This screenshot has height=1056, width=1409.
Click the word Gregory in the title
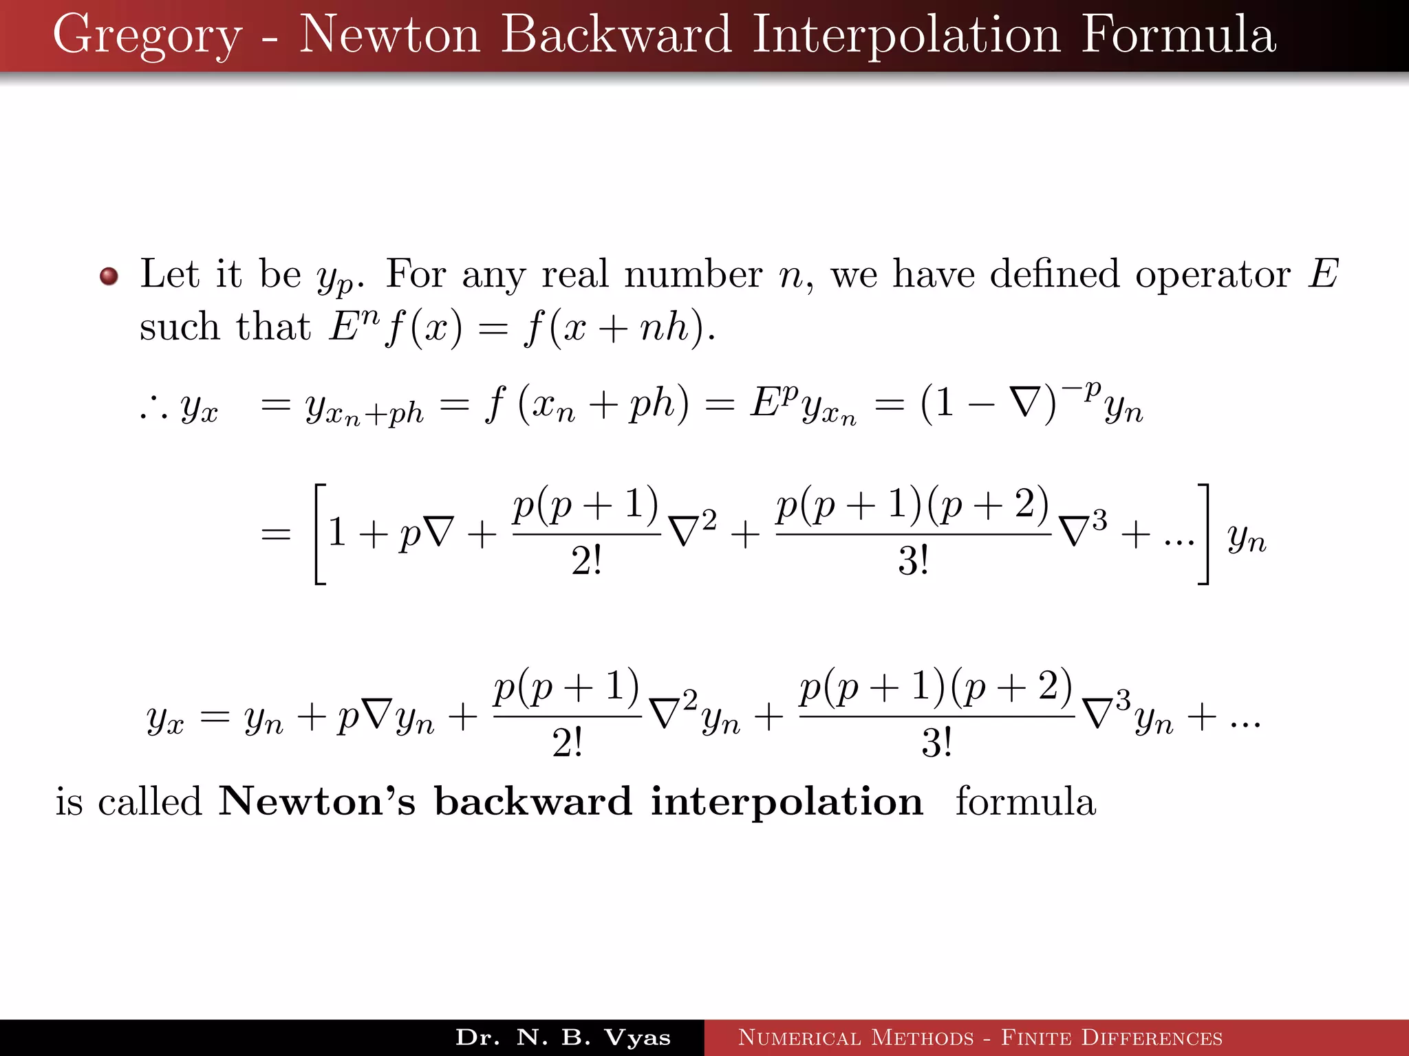[147, 36]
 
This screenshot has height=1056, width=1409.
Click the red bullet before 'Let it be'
[109, 276]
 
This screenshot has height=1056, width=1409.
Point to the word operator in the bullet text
[1212, 274]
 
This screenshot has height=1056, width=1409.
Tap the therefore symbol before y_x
[153, 410]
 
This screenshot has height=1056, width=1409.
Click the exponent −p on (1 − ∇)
[1081, 390]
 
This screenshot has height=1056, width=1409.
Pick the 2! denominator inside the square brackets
[586, 562]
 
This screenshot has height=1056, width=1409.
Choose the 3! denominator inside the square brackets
[913, 562]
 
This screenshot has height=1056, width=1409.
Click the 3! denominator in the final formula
[936, 743]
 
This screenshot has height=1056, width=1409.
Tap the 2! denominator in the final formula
[567, 743]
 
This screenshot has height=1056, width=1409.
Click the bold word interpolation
[786, 802]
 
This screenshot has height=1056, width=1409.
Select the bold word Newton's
[316, 802]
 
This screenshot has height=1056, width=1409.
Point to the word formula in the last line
[1025, 802]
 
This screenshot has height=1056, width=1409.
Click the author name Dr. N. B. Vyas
[563, 1037]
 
